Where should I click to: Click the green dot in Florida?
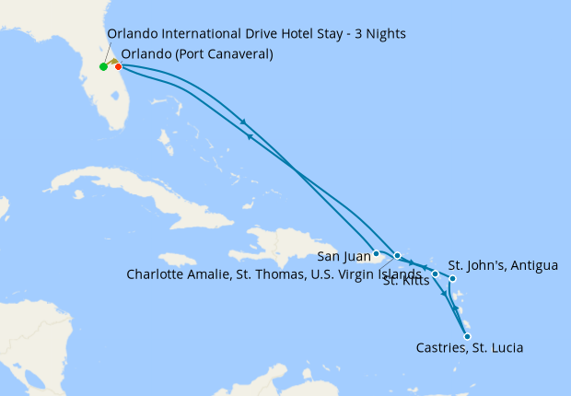point(103,66)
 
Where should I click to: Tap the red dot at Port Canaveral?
point(118,66)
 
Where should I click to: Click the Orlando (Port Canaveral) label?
point(196,53)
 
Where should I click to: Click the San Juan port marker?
point(377,253)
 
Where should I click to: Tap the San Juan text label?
point(344,255)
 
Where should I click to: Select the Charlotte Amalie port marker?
point(398,255)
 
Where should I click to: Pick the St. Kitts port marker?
point(435,274)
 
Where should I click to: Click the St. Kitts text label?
point(405,282)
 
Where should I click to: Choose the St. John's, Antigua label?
point(503,266)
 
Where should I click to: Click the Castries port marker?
point(468,336)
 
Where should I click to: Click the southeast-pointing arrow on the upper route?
point(243,122)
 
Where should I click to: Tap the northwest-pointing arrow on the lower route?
point(249,137)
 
